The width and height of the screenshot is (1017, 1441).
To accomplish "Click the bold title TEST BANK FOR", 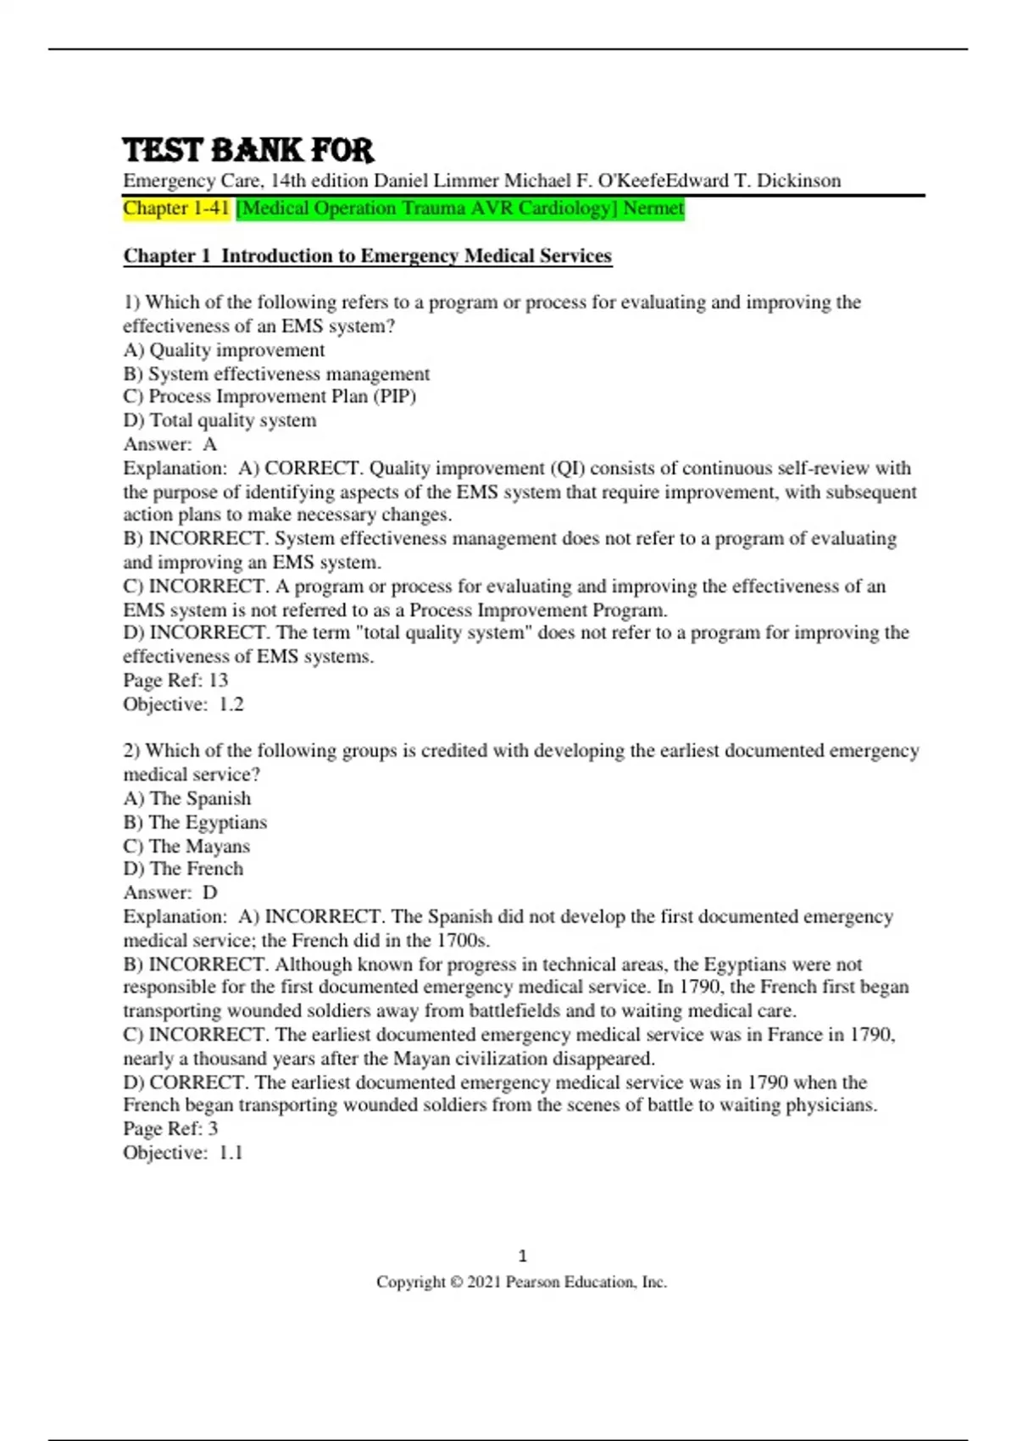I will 247,150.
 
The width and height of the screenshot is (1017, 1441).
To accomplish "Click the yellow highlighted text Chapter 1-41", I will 176,208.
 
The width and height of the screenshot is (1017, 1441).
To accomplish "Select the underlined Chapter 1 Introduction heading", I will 367,256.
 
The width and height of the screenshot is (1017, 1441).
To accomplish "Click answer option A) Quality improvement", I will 224,350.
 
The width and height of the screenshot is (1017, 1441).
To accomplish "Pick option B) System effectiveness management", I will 276,374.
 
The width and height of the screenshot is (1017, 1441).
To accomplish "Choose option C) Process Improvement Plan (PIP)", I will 270,397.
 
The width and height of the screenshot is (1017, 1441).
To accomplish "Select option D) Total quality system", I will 220,420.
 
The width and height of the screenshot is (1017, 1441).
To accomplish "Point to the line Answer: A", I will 170,444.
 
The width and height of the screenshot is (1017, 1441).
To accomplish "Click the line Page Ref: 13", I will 175,680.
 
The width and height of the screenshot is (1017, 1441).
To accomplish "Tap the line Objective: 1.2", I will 183,704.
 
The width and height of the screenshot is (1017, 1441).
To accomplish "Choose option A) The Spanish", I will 187,798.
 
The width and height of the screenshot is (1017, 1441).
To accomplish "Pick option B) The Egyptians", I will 195,822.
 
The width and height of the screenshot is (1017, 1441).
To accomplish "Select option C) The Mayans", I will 186,846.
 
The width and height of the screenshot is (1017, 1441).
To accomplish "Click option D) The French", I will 183,869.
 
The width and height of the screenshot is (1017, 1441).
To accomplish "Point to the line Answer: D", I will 170,893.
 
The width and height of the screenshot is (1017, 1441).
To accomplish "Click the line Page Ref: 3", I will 170,1128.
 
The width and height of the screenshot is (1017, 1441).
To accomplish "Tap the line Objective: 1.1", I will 183,1152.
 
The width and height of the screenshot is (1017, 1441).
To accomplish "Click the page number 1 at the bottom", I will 522,1255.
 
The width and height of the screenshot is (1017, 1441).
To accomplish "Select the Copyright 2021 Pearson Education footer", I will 521,1282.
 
